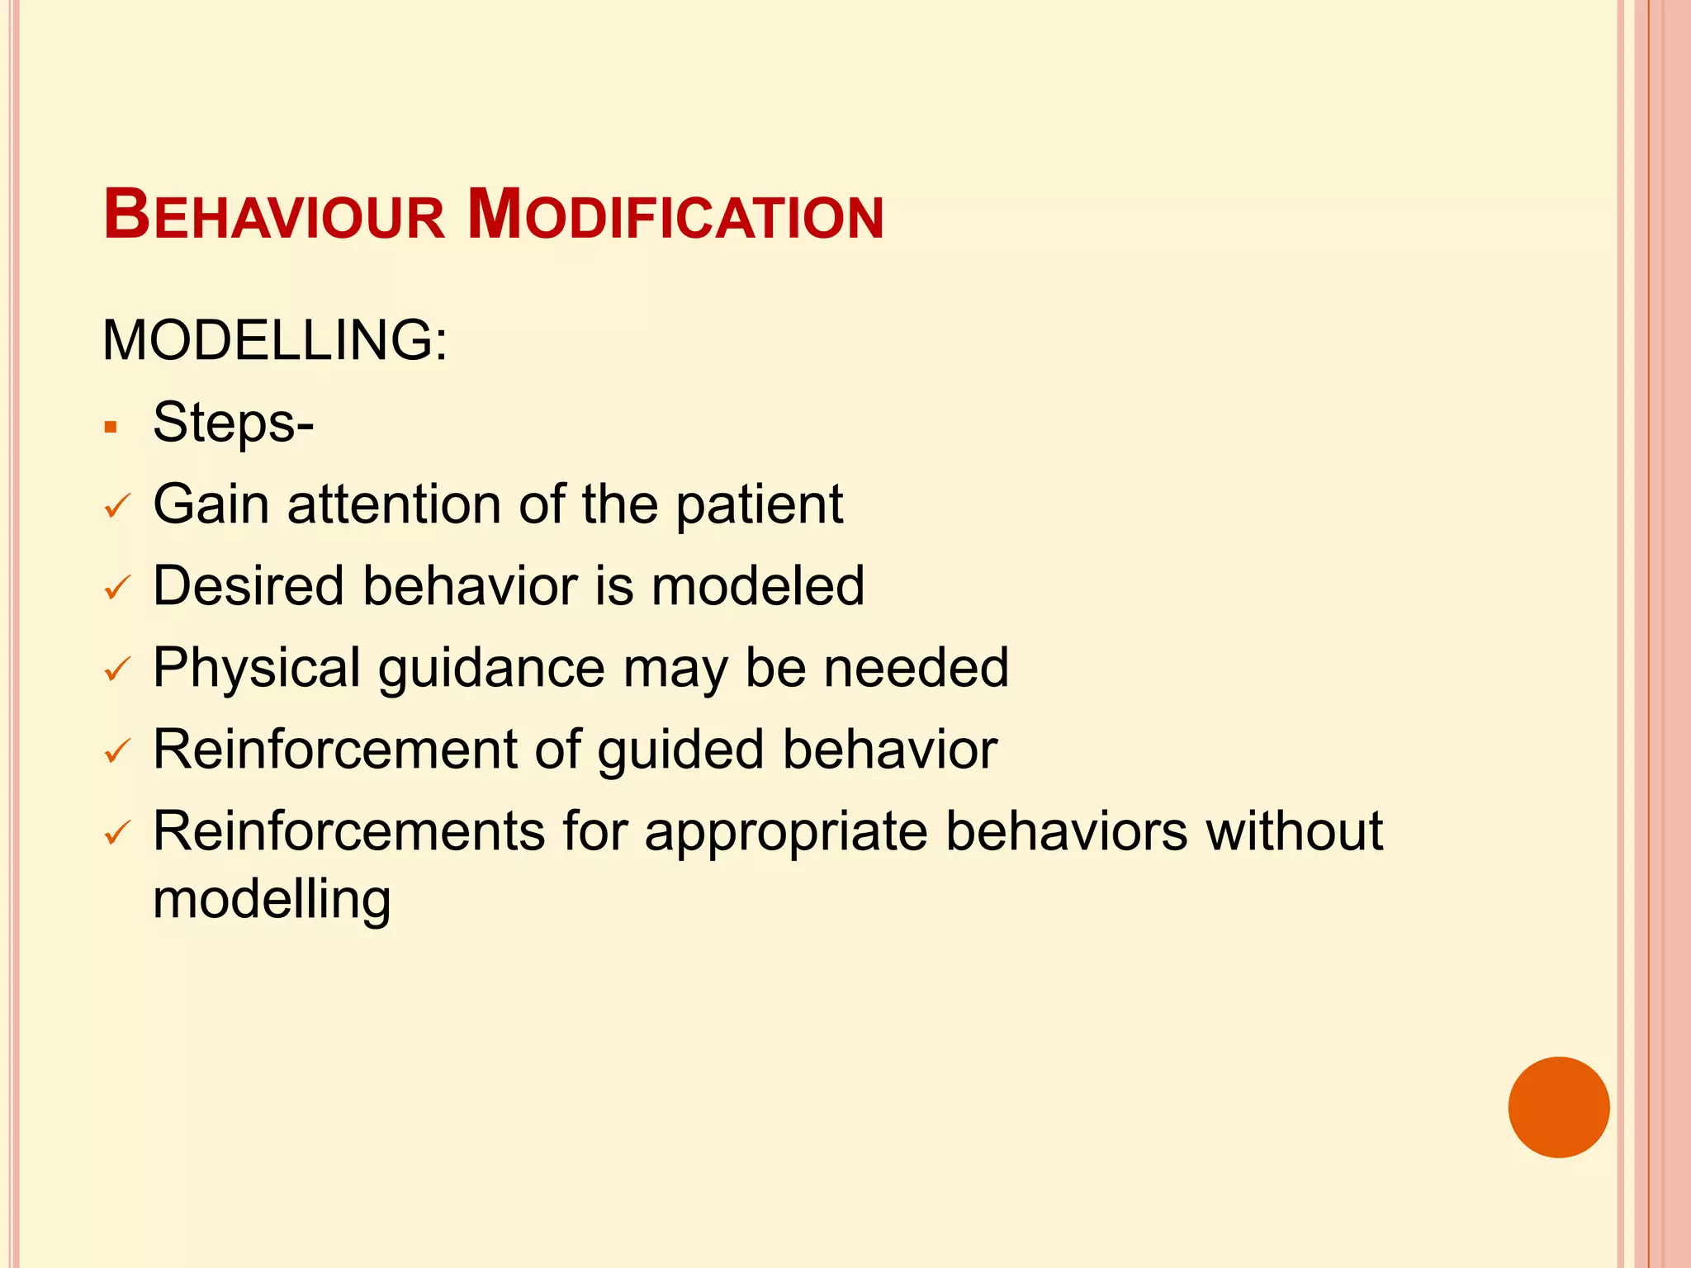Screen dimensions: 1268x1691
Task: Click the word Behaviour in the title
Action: [274, 216]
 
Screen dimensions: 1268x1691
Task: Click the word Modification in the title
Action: [675, 216]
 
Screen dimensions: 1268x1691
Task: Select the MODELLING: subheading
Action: [275, 340]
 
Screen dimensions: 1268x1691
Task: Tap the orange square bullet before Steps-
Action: [111, 428]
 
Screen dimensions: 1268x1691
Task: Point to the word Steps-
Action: [234, 423]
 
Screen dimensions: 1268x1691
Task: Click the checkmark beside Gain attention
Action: [117, 506]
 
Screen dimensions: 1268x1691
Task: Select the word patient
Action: [760, 505]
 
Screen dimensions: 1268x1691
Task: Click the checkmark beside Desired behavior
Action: [117, 588]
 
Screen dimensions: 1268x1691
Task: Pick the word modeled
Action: [758, 586]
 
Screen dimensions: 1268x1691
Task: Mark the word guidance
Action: [491, 669]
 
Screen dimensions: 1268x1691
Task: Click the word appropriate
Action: [786, 832]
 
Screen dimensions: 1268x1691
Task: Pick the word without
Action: [1294, 830]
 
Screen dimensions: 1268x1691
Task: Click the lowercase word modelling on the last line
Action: [272, 900]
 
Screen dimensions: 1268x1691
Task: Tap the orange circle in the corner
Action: [1559, 1107]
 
